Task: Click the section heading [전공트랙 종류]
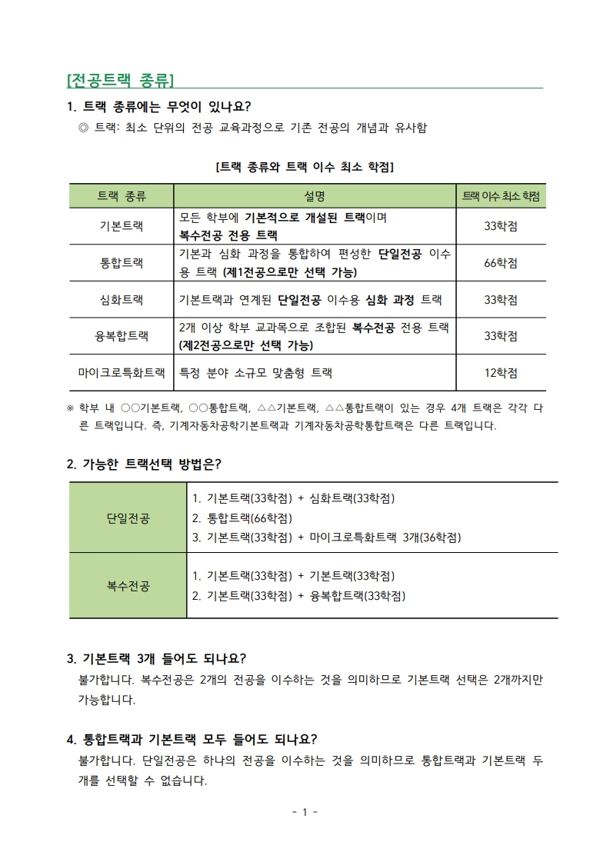click(x=121, y=80)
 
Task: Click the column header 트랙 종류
click(x=122, y=196)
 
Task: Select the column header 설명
click(x=315, y=196)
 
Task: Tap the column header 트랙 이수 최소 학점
click(x=500, y=196)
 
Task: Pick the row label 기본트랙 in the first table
click(x=122, y=226)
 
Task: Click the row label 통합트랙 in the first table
click(x=122, y=263)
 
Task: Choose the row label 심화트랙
click(x=122, y=299)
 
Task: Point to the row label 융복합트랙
click(x=122, y=336)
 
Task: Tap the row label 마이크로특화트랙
click(x=122, y=373)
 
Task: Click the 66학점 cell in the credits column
click(x=500, y=263)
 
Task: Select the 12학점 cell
click(x=500, y=373)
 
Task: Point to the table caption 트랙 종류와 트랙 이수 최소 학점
click(x=305, y=166)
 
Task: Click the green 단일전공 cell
click(x=128, y=518)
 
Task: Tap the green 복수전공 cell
click(x=128, y=585)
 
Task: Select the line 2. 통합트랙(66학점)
click(x=242, y=518)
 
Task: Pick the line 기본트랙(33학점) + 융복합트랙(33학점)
click(x=298, y=595)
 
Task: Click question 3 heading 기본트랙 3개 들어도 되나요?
click(x=157, y=658)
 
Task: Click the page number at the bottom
click(x=305, y=812)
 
